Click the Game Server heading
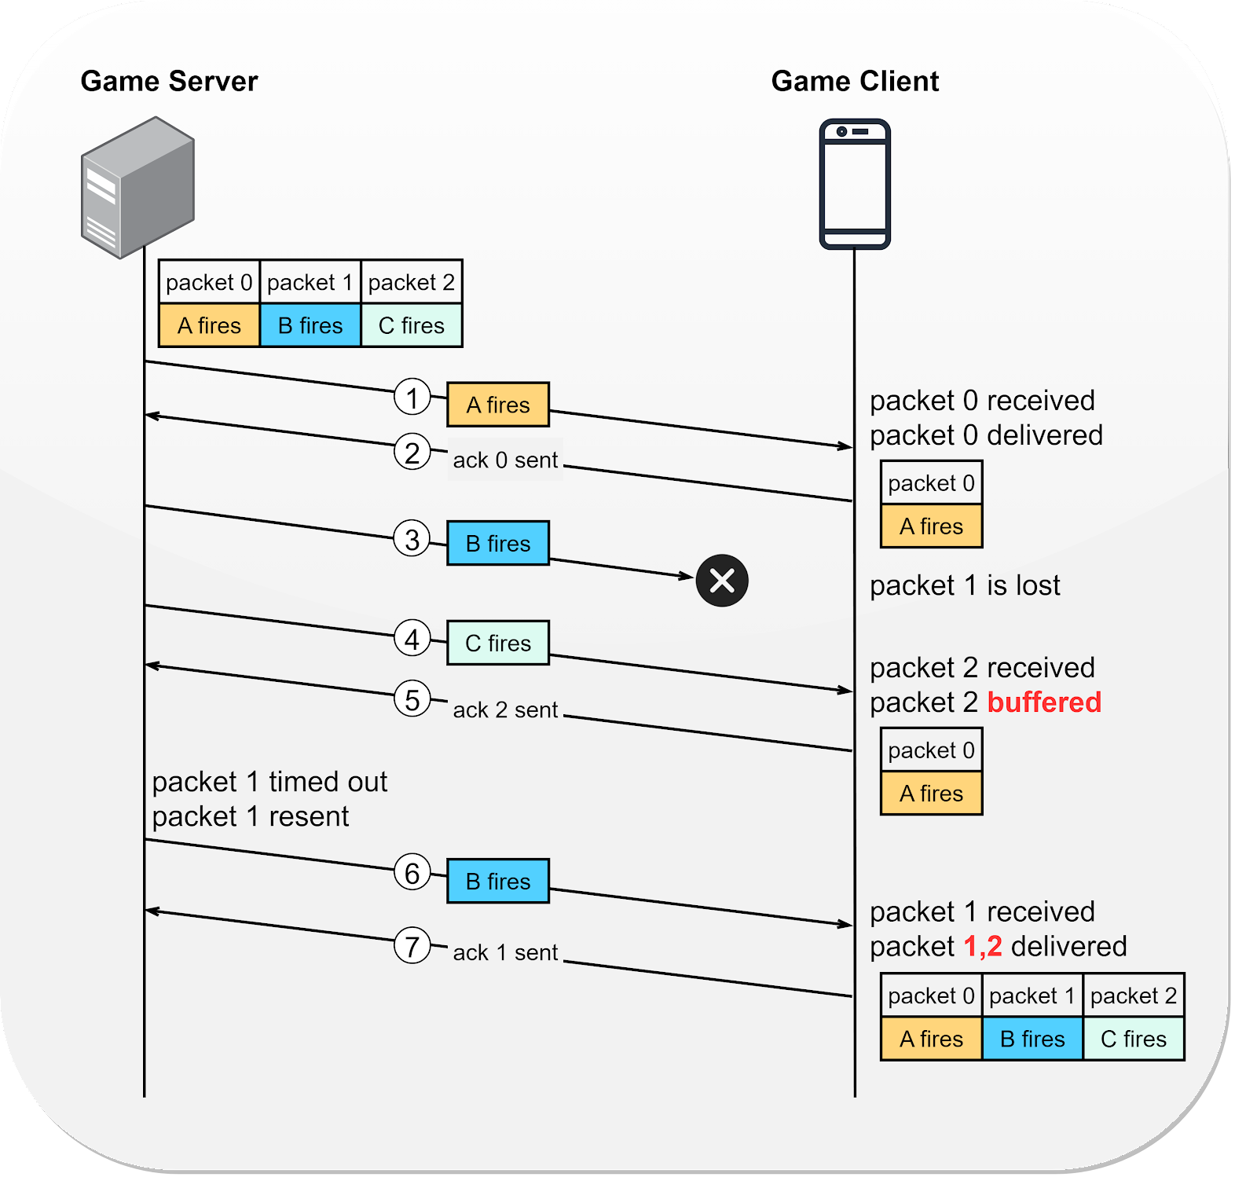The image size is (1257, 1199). tap(169, 82)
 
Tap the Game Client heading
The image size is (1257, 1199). tap(855, 82)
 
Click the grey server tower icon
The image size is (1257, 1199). tap(137, 188)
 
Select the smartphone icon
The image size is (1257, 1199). tap(855, 185)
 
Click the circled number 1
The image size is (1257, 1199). tap(412, 397)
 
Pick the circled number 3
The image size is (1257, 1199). tap(412, 539)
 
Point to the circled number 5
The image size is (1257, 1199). tap(412, 699)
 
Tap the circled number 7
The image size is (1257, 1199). tap(412, 946)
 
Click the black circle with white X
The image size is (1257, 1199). tap(722, 581)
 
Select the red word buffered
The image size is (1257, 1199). tap(1044, 702)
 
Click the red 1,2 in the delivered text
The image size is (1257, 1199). tap(983, 947)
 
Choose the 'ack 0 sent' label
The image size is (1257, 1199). tap(505, 460)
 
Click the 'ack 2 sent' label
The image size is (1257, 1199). tap(505, 710)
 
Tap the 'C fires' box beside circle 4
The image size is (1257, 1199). tap(498, 643)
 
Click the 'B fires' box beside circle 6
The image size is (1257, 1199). tap(498, 882)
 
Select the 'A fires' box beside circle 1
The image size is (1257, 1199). tap(498, 405)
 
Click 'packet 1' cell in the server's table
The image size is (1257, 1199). tap(310, 283)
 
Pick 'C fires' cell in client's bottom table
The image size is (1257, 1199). tap(1134, 1039)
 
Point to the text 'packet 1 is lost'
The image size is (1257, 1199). tap(965, 586)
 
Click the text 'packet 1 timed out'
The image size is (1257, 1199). tap(269, 783)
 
